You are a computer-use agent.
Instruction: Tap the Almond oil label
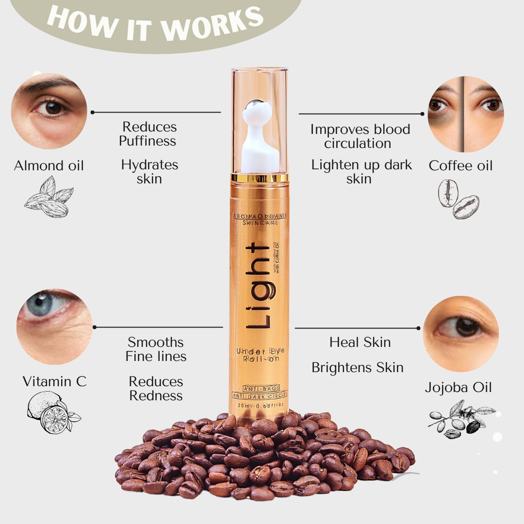(x=49, y=166)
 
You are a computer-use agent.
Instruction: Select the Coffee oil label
(x=460, y=166)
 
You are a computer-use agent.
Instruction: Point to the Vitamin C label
(x=55, y=382)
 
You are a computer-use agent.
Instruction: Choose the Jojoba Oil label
(x=458, y=388)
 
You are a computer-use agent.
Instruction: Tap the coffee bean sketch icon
(x=458, y=199)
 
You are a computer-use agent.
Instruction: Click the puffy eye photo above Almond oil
(x=49, y=111)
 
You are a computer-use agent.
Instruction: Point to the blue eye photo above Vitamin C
(x=54, y=327)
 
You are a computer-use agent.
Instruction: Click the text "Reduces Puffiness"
(x=149, y=134)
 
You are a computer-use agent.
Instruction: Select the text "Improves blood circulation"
(x=360, y=136)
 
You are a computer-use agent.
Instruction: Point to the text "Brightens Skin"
(x=358, y=368)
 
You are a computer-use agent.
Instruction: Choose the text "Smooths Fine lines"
(x=156, y=349)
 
